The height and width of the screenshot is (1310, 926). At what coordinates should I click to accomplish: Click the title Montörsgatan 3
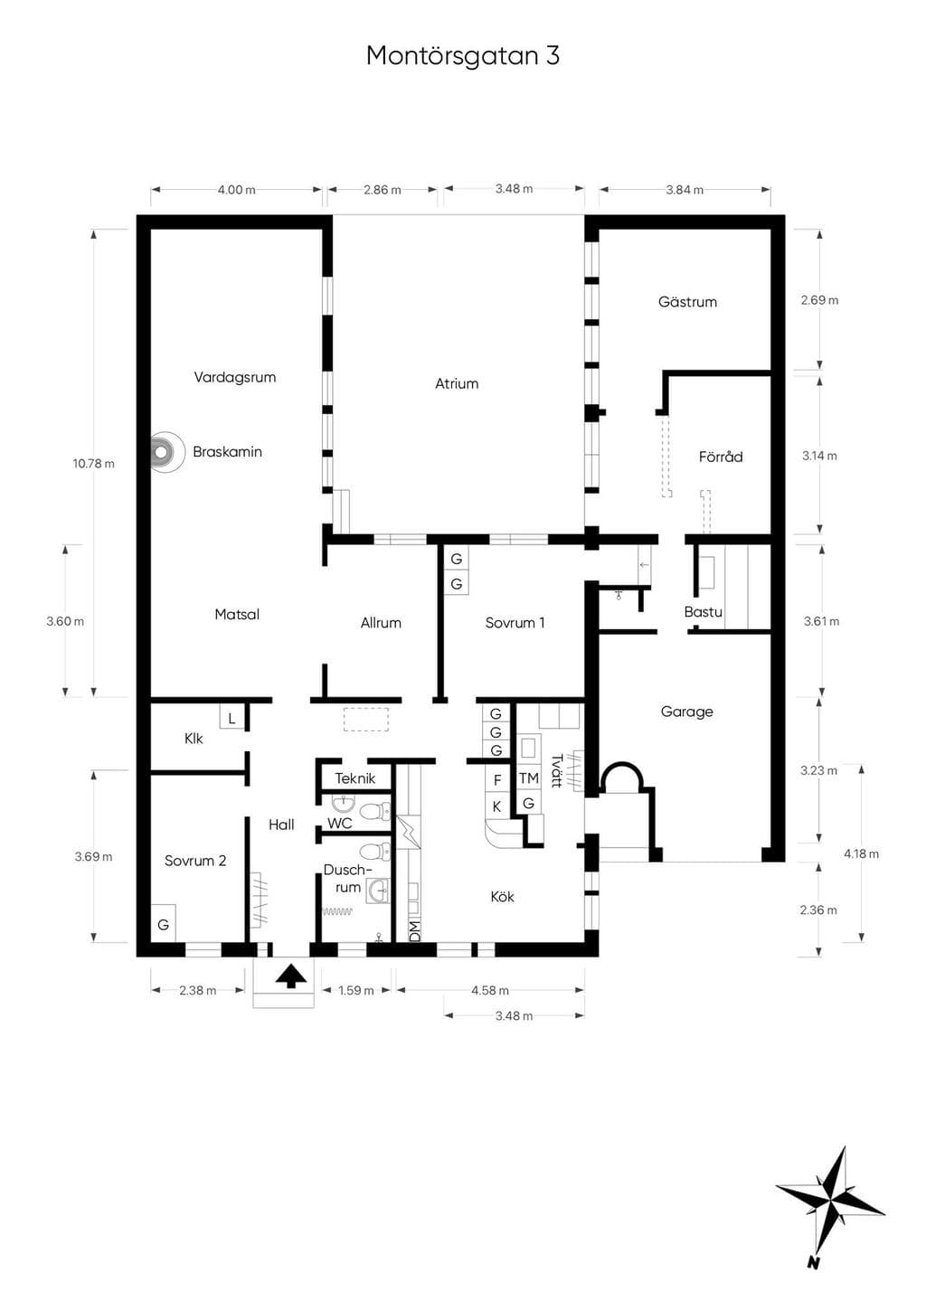tap(463, 55)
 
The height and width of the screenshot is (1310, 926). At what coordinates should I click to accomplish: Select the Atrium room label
tap(457, 383)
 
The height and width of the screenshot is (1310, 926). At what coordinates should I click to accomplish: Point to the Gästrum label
tap(687, 302)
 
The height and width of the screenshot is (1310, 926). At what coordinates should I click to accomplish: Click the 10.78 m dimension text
tap(93, 464)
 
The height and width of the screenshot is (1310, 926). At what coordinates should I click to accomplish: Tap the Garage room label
tap(686, 712)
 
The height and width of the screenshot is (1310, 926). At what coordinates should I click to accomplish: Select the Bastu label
tap(704, 612)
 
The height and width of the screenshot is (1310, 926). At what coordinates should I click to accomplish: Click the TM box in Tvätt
tap(529, 778)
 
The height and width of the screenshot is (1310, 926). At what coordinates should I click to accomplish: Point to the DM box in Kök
tap(414, 931)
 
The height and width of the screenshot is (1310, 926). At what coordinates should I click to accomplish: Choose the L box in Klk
tap(231, 717)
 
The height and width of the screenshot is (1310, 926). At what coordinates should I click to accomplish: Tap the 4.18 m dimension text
tap(861, 853)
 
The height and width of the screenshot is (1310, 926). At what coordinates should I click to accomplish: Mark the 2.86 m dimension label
tap(383, 190)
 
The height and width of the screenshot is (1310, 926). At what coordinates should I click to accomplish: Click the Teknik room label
tap(355, 779)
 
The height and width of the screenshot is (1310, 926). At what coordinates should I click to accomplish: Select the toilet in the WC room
tap(375, 812)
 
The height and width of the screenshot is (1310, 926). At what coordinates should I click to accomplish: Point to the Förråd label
tap(721, 457)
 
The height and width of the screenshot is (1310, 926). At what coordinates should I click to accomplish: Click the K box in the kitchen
tap(497, 807)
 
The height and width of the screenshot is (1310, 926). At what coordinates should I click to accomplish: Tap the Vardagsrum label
tap(234, 377)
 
